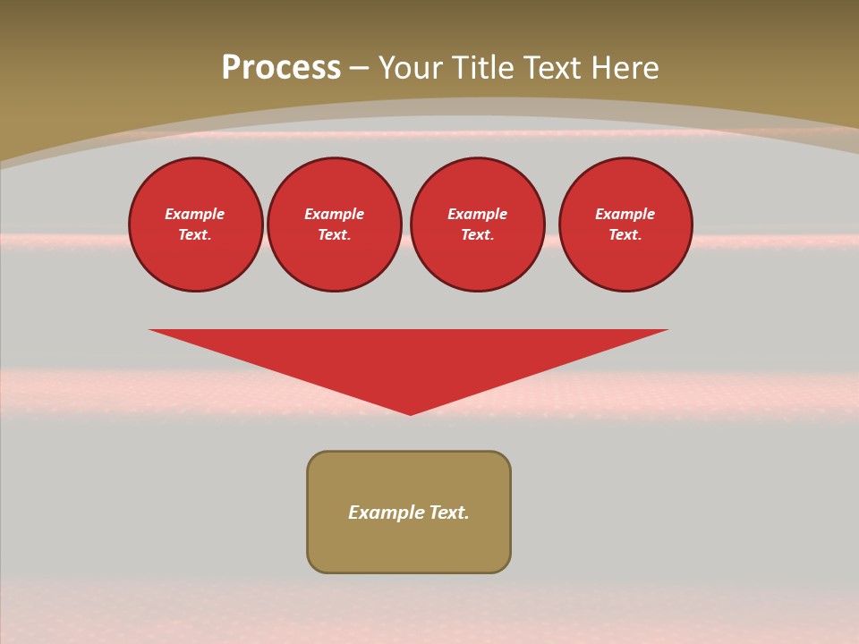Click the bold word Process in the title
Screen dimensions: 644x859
coord(281,68)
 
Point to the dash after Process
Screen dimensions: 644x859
coord(359,69)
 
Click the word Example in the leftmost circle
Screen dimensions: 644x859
coord(195,214)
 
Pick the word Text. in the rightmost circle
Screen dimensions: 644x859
coord(625,234)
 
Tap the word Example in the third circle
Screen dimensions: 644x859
coord(478,214)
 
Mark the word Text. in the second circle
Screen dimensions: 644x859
coord(335,234)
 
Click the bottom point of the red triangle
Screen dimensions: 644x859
coord(411,412)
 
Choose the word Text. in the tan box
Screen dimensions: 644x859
coord(449,513)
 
